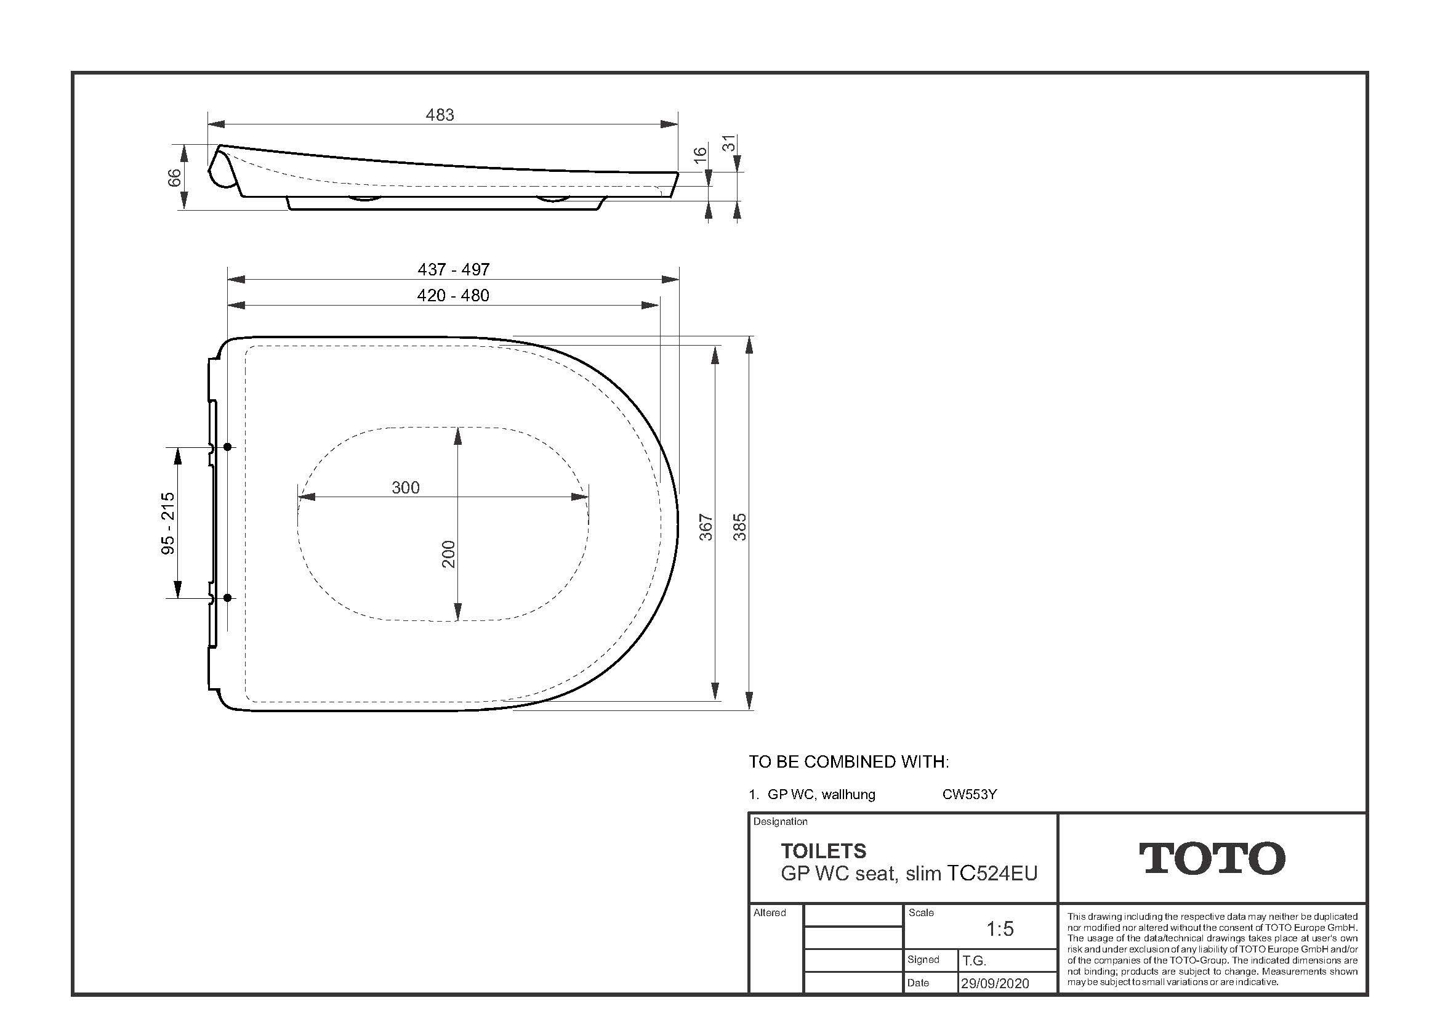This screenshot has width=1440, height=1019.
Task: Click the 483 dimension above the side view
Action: point(440,115)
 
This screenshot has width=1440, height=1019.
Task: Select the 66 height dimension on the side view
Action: point(175,177)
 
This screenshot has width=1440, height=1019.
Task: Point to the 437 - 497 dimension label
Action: point(454,270)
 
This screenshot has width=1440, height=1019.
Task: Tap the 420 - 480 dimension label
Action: point(453,296)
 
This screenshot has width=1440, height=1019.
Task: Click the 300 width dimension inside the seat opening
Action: point(405,487)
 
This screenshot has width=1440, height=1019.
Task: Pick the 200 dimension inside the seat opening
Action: point(448,554)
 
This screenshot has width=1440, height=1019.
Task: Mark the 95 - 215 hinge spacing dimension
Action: point(168,523)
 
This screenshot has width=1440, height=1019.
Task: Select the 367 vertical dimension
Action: point(706,527)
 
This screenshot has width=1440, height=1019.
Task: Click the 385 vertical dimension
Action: point(740,527)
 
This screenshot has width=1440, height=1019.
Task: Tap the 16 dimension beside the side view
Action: point(701,153)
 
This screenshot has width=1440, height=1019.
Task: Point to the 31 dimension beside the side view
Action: point(729,144)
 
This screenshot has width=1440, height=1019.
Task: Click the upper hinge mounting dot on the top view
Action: point(228,447)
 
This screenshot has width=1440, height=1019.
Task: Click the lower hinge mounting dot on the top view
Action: point(228,598)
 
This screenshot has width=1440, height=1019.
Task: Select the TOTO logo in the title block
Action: point(1212,858)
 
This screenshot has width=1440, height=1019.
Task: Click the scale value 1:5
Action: point(1000,928)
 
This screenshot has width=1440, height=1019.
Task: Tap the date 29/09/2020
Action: point(995,983)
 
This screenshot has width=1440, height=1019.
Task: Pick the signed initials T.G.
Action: point(974,960)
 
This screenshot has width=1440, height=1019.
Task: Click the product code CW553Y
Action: point(969,794)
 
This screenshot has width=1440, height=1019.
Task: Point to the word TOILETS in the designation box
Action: point(823,851)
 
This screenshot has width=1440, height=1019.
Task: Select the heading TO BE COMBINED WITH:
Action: point(848,761)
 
